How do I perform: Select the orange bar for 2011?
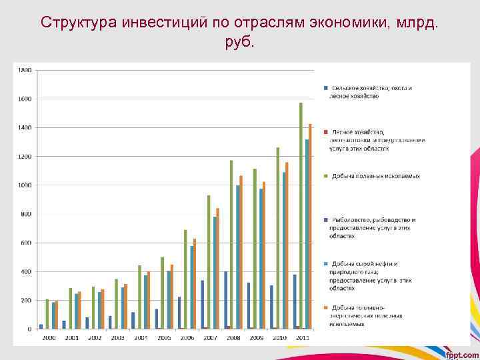310,226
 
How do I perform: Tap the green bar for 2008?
231,244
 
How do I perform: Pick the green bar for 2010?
278,237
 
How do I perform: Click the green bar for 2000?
47,314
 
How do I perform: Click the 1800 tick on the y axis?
25,70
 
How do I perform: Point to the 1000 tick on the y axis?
25,185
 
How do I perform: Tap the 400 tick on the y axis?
25,272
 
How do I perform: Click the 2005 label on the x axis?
164,339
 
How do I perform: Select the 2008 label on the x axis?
233,339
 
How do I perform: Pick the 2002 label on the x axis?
95,339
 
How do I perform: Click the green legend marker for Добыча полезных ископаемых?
326,176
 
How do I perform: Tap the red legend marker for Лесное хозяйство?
326,131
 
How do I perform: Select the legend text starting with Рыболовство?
373,227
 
